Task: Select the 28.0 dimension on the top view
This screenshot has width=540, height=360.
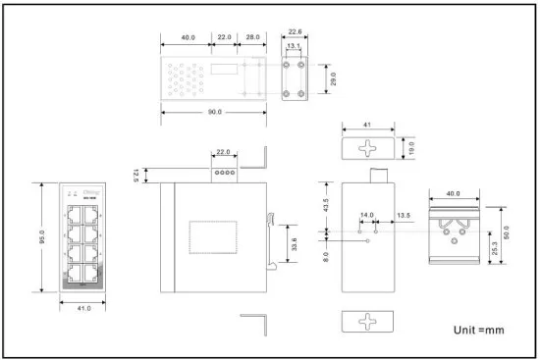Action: (x=251, y=36)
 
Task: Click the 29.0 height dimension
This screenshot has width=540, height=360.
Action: (x=334, y=76)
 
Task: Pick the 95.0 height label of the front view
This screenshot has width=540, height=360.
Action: (x=41, y=235)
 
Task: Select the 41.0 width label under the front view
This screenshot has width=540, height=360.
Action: (x=82, y=308)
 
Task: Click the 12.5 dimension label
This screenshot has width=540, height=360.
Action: (x=135, y=175)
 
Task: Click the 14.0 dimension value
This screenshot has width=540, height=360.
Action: (x=366, y=214)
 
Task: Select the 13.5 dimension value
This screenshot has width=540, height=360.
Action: (x=404, y=214)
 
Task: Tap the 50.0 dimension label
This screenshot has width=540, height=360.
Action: (x=506, y=234)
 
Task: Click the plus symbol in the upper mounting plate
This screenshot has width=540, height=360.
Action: (x=368, y=148)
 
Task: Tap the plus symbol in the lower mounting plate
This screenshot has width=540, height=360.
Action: (x=368, y=322)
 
